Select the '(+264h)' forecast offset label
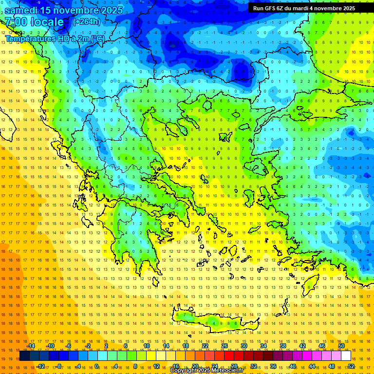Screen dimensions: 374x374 86,21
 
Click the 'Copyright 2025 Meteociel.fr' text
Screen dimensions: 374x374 206,371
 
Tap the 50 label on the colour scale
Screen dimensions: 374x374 341,346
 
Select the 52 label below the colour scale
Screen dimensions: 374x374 351,366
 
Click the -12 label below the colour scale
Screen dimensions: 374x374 40,366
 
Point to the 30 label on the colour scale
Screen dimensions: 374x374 243,346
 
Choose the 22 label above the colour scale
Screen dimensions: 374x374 205,346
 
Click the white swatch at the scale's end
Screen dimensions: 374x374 346,356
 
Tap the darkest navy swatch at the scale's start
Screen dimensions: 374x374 24,356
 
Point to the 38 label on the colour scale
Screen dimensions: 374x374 283,346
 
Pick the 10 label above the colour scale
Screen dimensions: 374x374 147,346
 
